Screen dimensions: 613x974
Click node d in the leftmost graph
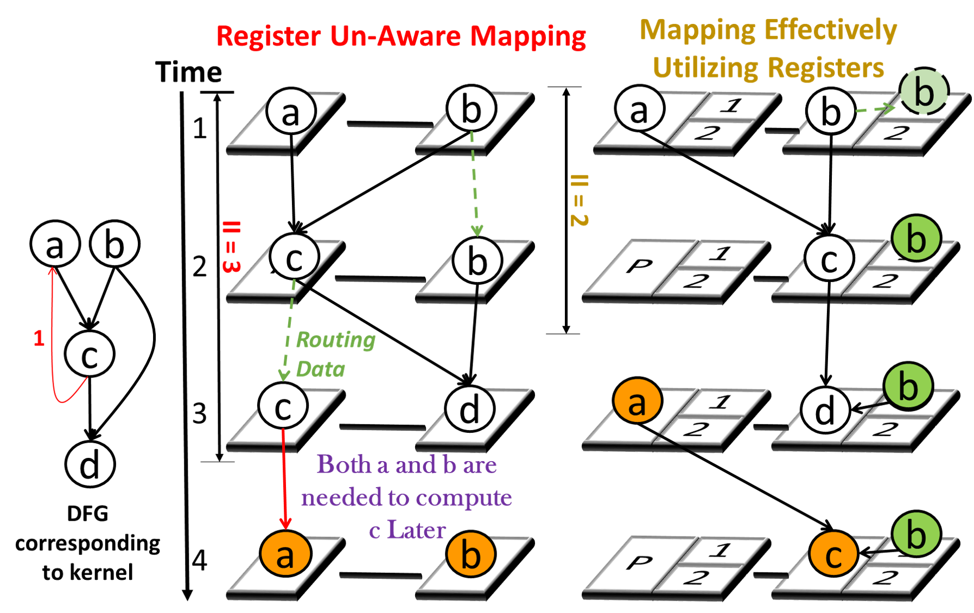[x=90, y=465]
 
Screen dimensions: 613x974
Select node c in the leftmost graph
[x=90, y=354]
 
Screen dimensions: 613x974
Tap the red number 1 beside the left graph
[x=39, y=340]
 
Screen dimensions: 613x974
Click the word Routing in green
[x=336, y=341]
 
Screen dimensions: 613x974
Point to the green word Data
[x=321, y=371]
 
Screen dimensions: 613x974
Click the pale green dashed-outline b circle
[x=924, y=92]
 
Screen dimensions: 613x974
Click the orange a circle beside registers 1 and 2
[x=638, y=403]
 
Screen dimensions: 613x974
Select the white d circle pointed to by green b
[x=825, y=411]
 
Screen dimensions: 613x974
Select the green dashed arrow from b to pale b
[x=875, y=109]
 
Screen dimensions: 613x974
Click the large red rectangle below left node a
[x=29, y=301]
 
